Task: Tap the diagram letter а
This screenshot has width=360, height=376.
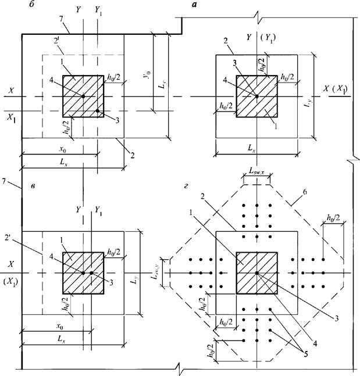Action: tap(195, 5)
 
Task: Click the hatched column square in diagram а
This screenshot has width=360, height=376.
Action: tap(256, 95)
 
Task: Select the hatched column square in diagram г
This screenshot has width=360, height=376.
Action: tap(256, 273)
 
